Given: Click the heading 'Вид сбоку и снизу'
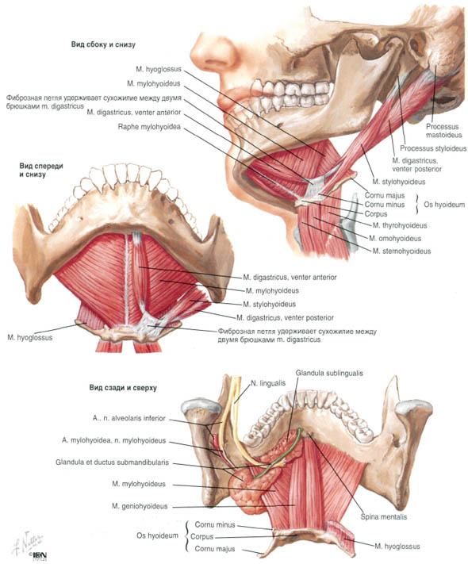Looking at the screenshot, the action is coord(103,45).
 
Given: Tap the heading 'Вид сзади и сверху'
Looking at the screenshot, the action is coord(123,388).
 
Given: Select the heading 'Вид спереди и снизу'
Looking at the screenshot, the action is coord(41,170).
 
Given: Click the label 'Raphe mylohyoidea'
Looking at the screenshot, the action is coord(149,127).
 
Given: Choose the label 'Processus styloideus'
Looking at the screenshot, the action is coord(433,148).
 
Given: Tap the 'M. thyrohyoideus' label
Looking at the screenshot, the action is coord(400,225).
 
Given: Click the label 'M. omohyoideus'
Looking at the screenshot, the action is coord(395,238).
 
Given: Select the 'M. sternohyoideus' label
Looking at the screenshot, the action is coord(401,251).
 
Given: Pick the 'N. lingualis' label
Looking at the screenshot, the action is coord(267,383).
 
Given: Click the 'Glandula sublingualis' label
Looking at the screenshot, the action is coord(329,373).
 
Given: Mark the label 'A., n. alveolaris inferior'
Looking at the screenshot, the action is coord(129,418).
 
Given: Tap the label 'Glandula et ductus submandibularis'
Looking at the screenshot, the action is coord(112,462).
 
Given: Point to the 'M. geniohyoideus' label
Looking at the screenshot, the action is coord(140,506).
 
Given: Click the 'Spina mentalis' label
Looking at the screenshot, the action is coord(384,517).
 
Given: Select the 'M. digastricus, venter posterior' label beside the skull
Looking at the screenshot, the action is coord(416,165).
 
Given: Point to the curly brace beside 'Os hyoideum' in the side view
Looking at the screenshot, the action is coord(418,205).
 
